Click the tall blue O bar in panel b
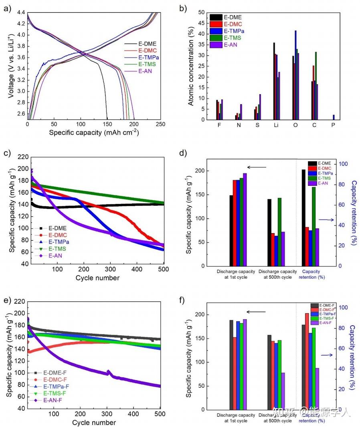[x=295, y=75]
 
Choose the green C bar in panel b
[x=316, y=86]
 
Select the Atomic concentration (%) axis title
[x=191, y=66]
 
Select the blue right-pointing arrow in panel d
[x=326, y=220]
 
